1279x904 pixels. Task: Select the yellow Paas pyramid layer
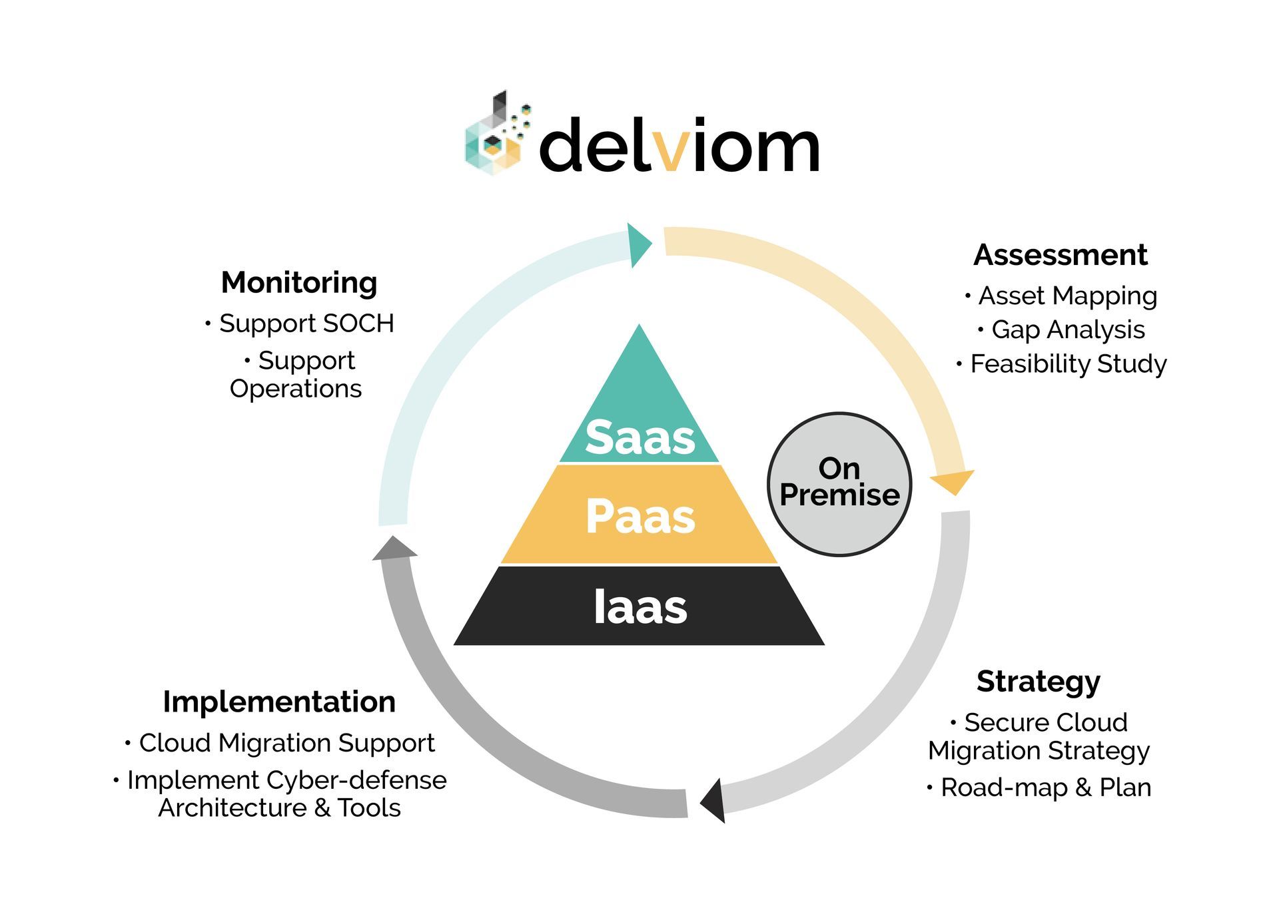(x=639, y=516)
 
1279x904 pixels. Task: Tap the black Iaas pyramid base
(x=639, y=606)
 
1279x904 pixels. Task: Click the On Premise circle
(x=839, y=483)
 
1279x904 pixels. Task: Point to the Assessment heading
(x=1060, y=255)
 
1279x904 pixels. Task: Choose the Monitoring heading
(x=299, y=283)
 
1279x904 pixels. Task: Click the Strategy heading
(x=1038, y=682)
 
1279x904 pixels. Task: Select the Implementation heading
(x=279, y=702)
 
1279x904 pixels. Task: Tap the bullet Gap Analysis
(x=1067, y=330)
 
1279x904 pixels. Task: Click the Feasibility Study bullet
(x=1068, y=364)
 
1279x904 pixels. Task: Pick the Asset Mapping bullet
(x=1067, y=296)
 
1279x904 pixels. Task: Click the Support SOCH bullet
(x=306, y=324)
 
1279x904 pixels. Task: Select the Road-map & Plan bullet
(x=1045, y=788)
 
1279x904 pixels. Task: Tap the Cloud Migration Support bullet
(x=286, y=743)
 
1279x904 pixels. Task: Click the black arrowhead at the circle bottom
(x=715, y=801)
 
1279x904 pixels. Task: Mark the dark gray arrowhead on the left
(x=394, y=549)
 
